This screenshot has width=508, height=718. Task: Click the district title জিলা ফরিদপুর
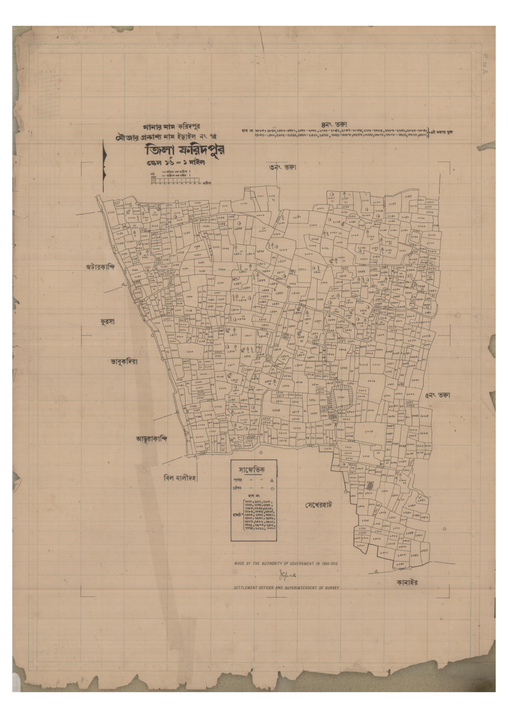point(188,151)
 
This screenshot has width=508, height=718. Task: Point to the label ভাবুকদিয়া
point(124,362)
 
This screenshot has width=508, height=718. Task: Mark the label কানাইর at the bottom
point(407,583)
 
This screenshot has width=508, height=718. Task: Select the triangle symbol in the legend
point(271,481)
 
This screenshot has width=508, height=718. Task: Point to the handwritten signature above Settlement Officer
point(287,576)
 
